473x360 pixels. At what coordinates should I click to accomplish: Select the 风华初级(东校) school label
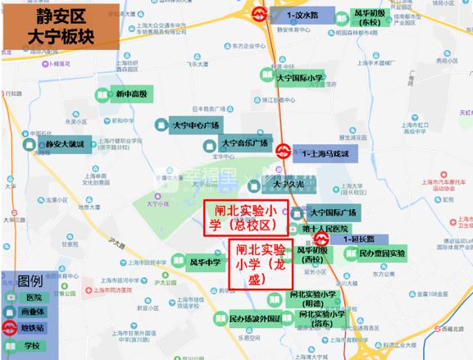(x=365, y=19)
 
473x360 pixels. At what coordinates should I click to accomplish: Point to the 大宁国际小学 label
(x=301, y=78)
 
